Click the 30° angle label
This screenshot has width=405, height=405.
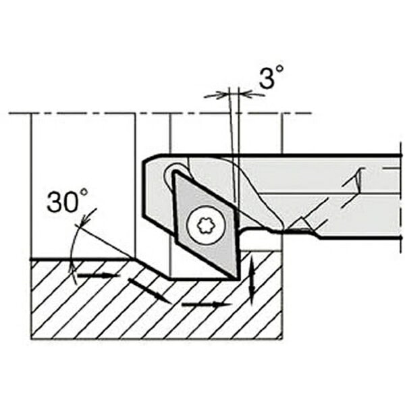pos(67,200)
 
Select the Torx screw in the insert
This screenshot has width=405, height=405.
pos(206,225)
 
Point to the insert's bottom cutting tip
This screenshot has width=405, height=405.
pos(237,279)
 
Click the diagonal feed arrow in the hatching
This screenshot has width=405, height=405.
pos(149,291)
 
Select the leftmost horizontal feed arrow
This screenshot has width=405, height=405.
pos(99,275)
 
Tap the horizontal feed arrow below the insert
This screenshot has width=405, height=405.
pos(207,305)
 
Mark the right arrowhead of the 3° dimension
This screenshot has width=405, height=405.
pos(245,94)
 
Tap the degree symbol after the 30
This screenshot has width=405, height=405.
pos(84,192)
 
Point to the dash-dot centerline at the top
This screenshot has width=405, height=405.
pos(160,113)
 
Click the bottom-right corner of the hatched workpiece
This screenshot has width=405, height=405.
pos(282,339)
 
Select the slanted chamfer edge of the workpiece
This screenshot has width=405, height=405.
pos(151,268)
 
